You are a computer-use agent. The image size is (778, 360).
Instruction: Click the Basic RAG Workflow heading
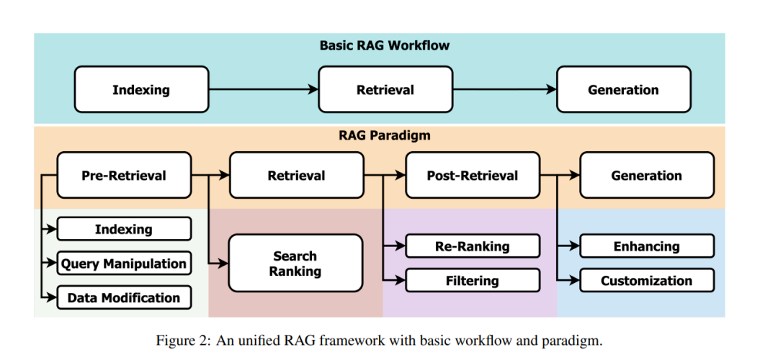(x=385, y=45)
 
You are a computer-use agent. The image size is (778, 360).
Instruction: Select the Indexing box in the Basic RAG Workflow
(x=141, y=89)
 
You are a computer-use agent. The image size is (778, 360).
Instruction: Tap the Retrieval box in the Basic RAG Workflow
(x=385, y=89)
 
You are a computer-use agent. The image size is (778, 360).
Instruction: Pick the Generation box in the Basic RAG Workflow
(x=624, y=89)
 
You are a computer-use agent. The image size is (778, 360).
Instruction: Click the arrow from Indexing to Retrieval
(x=264, y=89)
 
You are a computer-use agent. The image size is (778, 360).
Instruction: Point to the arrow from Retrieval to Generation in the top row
(x=504, y=89)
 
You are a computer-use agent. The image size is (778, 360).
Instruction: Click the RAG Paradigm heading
(x=385, y=135)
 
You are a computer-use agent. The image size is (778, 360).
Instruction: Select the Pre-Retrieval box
(x=124, y=175)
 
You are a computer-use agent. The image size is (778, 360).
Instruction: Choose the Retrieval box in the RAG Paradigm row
(x=297, y=175)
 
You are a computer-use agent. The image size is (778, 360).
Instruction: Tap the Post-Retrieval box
(x=473, y=175)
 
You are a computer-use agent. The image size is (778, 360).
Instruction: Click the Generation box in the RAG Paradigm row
(x=647, y=175)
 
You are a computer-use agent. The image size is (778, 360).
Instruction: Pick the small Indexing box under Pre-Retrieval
(x=124, y=229)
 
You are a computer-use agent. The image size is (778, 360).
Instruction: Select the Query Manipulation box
(x=124, y=264)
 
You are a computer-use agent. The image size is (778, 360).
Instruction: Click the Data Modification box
(x=124, y=297)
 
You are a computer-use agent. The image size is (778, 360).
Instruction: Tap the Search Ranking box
(x=296, y=264)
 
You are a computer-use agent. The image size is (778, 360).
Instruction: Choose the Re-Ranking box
(x=473, y=246)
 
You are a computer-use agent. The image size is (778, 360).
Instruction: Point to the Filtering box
(x=473, y=280)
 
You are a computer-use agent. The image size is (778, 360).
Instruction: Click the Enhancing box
(x=647, y=246)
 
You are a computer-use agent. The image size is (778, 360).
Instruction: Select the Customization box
(x=647, y=280)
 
